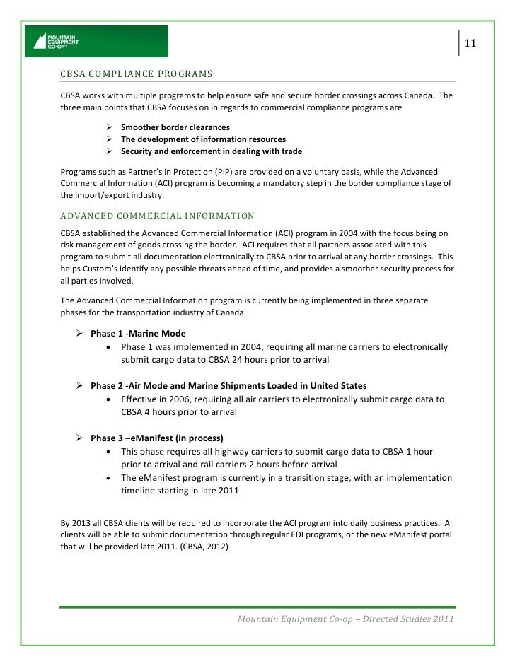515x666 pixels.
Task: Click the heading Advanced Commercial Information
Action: (x=156, y=216)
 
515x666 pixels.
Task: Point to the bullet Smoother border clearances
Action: (x=175, y=127)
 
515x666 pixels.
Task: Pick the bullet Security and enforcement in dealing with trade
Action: (x=211, y=151)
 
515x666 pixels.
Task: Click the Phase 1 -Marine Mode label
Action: (x=139, y=333)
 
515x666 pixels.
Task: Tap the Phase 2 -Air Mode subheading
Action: (x=228, y=385)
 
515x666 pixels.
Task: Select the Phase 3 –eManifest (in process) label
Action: (x=166, y=438)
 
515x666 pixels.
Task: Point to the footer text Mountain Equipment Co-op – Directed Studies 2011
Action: (x=345, y=620)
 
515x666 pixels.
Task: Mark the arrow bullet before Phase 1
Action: (x=80, y=333)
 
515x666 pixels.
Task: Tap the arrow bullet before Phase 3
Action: (x=80, y=438)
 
